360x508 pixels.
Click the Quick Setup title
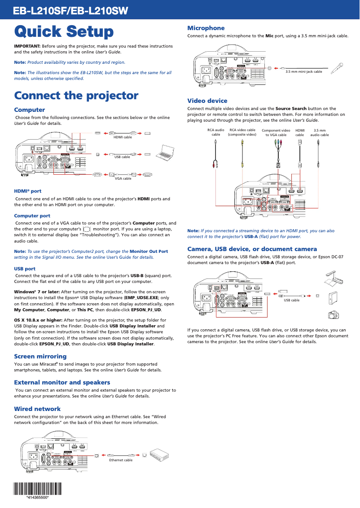tap(64, 32)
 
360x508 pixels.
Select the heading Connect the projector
tap(76, 96)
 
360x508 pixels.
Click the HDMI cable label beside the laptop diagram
tap(123, 137)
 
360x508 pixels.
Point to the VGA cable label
tap(123, 178)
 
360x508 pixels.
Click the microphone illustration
tap(337, 68)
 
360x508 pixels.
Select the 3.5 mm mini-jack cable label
tap(304, 71)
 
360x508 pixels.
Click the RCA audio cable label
tap(216, 132)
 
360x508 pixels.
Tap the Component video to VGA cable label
tap(276, 132)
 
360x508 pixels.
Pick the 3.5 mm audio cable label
tap(319, 132)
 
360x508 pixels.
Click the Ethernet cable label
tap(121, 460)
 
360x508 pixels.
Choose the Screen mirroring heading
tap(40, 356)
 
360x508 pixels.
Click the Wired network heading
tap(37, 409)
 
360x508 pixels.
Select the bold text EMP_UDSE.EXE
tap(142, 298)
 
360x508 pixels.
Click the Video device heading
tap(207, 101)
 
